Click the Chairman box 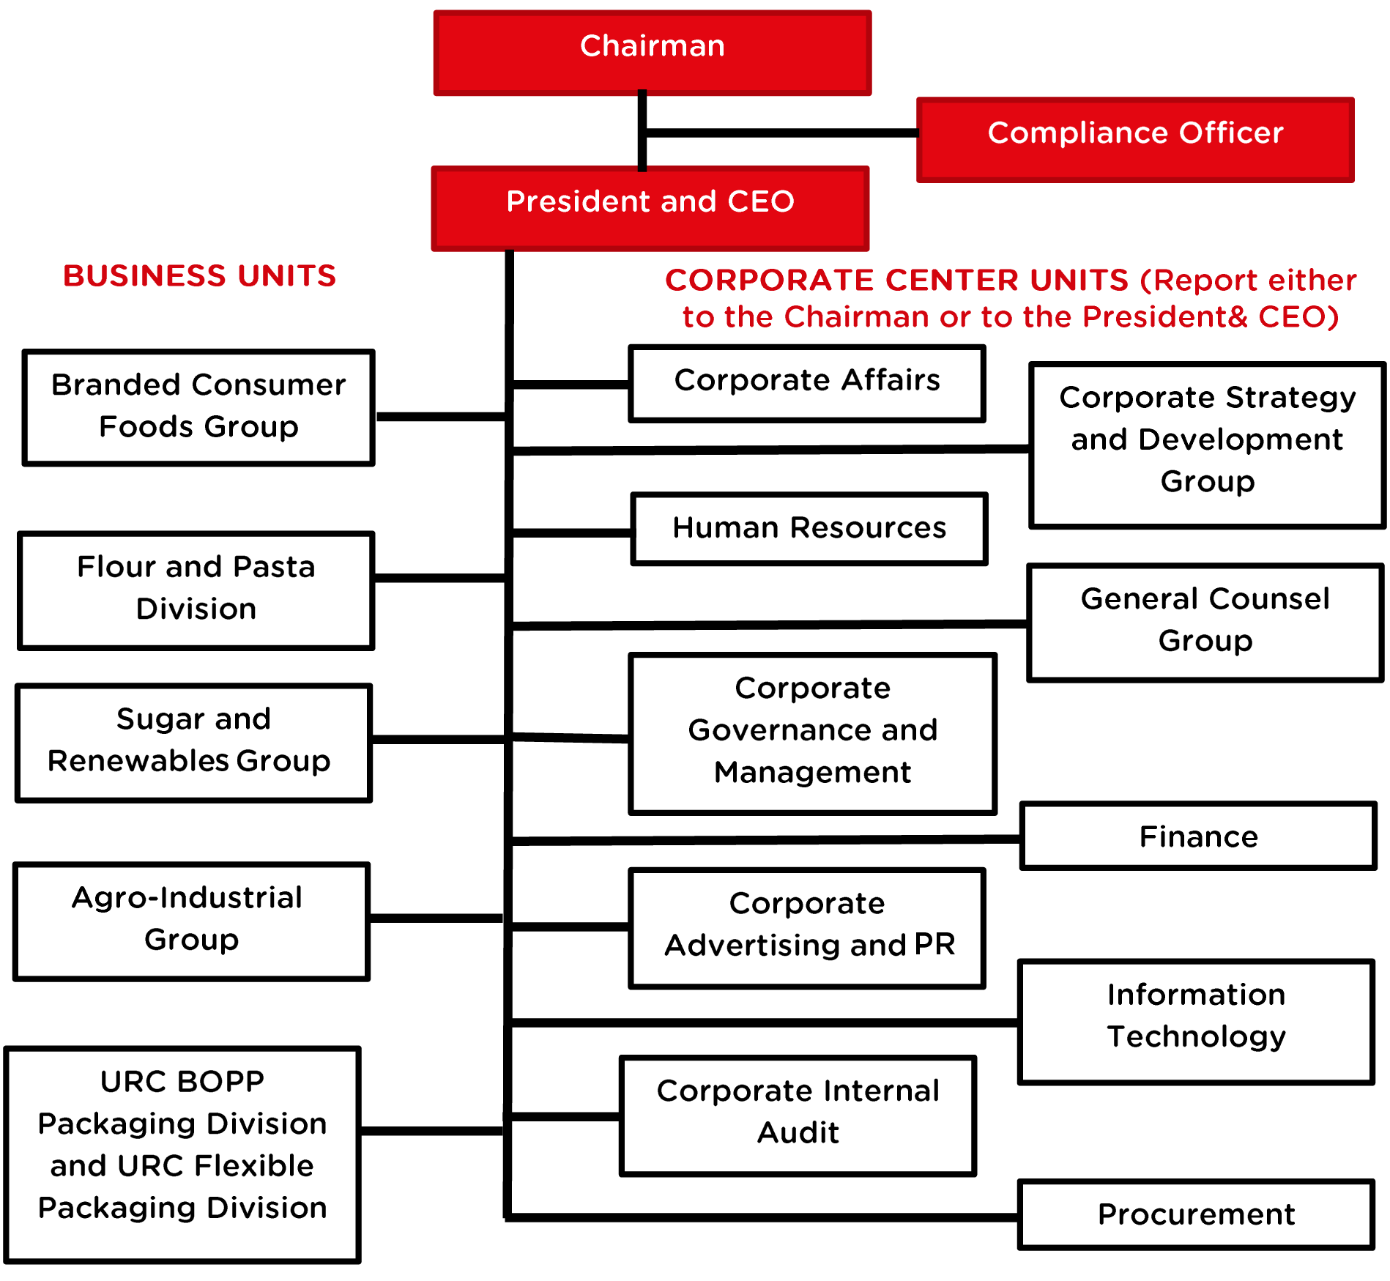(x=652, y=53)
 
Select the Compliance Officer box (x=1135, y=139)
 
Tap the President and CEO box (x=650, y=208)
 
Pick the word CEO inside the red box (x=761, y=201)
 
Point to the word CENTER (x=952, y=281)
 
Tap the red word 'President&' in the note (x=1165, y=317)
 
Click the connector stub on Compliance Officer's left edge (x=918, y=133)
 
